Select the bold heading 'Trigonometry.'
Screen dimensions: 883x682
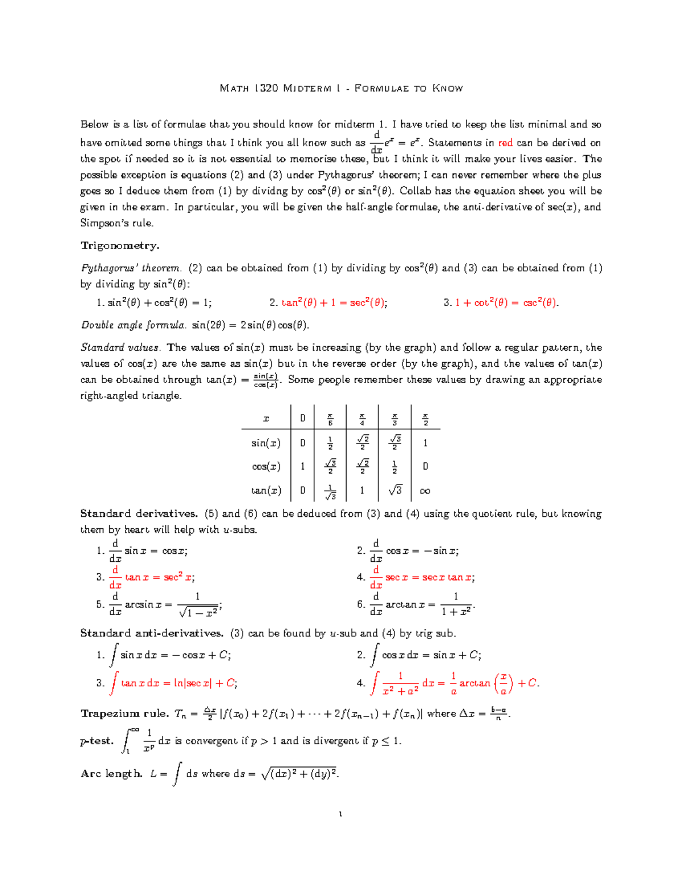tap(120, 246)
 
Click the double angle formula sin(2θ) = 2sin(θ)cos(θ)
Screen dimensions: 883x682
tap(250, 325)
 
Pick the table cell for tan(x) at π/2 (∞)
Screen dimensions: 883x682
tap(425, 491)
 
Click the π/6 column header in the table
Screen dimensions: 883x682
tap(330, 420)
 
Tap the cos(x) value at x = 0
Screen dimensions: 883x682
tap(302, 466)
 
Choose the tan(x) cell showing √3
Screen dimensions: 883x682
tap(394, 490)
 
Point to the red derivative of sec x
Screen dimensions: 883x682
tap(423, 577)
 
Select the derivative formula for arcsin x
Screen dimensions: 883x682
tap(165, 604)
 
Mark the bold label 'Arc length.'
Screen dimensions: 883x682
tap(111, 773)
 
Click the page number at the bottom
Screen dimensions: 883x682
tap(340, 814)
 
